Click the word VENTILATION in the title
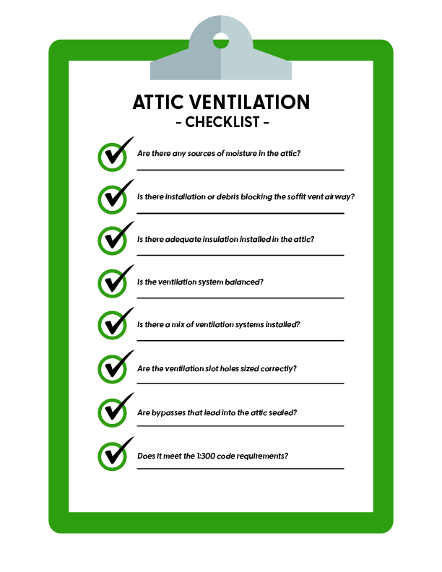pyautogui.click(x=251, y=102)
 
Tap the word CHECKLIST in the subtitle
pyautogui.click(x=222, y=122)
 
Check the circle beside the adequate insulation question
pyautogui.click(x=112, y=240)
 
